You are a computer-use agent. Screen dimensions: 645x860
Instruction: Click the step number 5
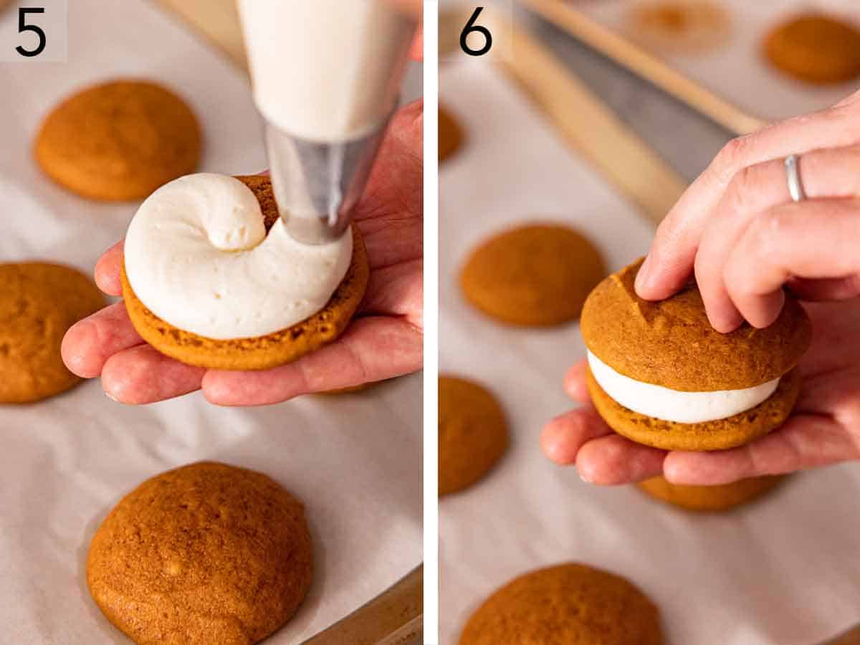coord(31,32)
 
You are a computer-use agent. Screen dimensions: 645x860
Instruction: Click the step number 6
coord(476,32)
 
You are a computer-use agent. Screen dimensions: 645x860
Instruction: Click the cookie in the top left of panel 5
coord(118,139)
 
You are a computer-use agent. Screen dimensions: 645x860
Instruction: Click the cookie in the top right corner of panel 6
coord(813,47)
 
